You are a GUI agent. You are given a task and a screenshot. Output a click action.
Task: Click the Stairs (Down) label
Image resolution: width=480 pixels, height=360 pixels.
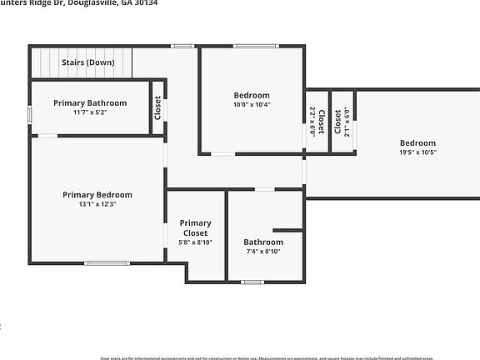coord(88,62)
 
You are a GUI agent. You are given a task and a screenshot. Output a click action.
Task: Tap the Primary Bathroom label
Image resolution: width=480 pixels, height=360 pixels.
coord(90,103)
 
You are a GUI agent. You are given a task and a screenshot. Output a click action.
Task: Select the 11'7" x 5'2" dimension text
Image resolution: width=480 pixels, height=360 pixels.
coord(90,112)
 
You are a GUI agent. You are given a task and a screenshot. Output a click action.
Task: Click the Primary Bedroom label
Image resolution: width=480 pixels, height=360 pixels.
coord(97,195)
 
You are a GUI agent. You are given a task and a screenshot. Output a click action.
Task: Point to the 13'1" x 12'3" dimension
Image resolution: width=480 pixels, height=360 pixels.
coord(97,204)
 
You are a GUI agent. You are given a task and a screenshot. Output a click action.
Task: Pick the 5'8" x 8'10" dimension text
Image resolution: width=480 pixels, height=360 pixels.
coord(196,242)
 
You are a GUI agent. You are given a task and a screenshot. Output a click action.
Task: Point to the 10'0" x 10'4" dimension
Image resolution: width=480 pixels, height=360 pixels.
coord(251,105)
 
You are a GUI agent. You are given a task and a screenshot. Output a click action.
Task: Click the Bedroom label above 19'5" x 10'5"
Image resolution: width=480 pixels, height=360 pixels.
coord(417,143)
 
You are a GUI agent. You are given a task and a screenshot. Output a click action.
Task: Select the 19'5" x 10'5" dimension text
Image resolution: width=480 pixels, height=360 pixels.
coord(417,152)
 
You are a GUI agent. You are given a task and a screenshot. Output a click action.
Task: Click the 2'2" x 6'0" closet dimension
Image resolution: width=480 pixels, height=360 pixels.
coord(312,122)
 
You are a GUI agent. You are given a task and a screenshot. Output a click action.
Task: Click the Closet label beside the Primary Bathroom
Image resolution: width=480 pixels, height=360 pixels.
coord(157,107)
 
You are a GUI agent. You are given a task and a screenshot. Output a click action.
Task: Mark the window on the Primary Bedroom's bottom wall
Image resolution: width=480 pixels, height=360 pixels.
coord(107,263)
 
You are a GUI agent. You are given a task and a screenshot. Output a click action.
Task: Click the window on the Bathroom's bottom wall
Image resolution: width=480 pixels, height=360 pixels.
coord(252,282)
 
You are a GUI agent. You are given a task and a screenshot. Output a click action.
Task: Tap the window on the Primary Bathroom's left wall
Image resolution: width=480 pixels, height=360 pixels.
coord(31,112)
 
